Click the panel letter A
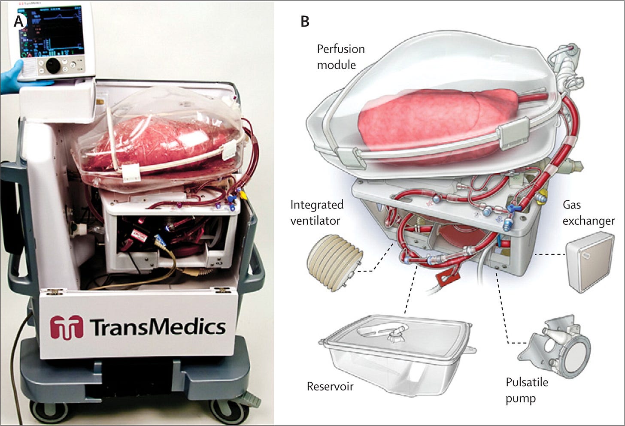click(x=18, y=21)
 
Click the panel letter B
click(x=305, y=21)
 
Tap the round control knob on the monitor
click(x=53, y=65)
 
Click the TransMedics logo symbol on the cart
click(x=66, y=327)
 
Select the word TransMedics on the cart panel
click(x=158, y=327)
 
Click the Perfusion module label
click(x=340, y=57)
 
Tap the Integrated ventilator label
click(x=317, y=212)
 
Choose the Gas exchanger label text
click(x=588, y=213)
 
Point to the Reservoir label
click(x=330, y=387)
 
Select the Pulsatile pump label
click(x=527, y=390)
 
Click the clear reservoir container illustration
click(x=397, y=347)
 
